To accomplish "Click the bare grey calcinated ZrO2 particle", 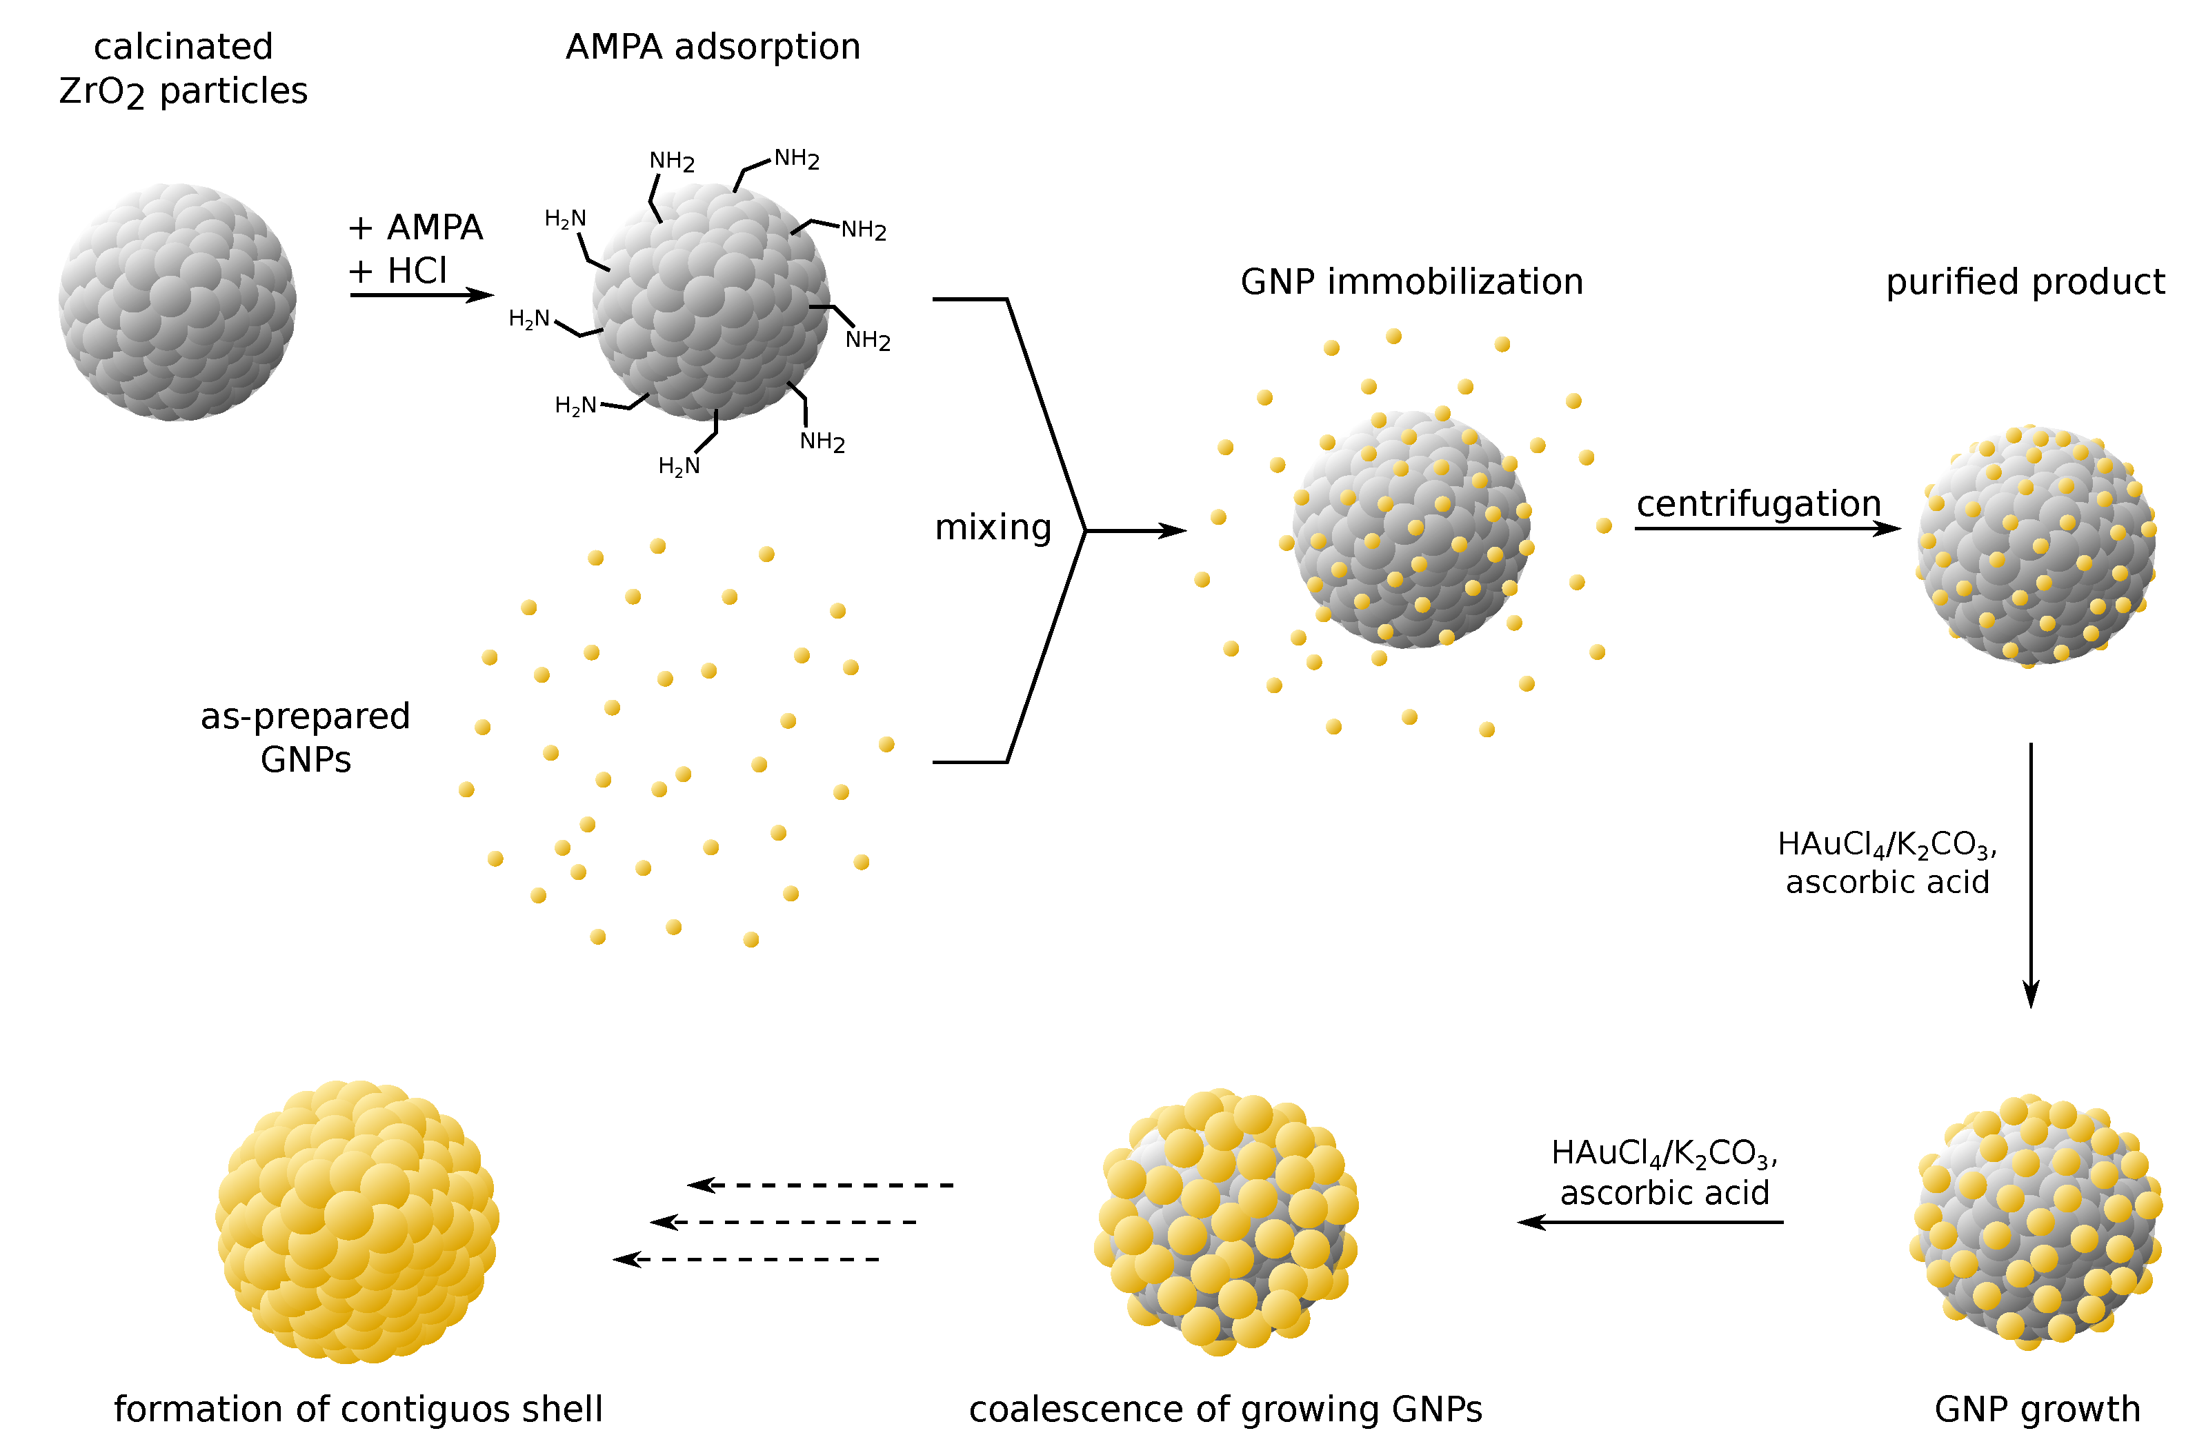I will coord(177,302).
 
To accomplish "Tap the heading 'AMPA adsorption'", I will coord(713,46).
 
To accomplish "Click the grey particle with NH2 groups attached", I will coord(711,302).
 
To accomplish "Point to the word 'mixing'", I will coord(993,528).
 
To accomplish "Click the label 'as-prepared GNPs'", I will coord(305,738).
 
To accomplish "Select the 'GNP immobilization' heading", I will coord(1411,281).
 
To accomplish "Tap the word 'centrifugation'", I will coord(1758,504).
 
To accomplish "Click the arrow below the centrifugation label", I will coord(1766,529).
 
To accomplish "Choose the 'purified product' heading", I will coord(2025,281).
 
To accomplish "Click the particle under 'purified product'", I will coord(2036,547).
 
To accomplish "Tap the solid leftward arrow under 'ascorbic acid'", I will coord(1650,1222).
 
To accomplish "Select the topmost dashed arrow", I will coord(820,1185).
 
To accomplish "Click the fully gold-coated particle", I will coord(357,1221).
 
